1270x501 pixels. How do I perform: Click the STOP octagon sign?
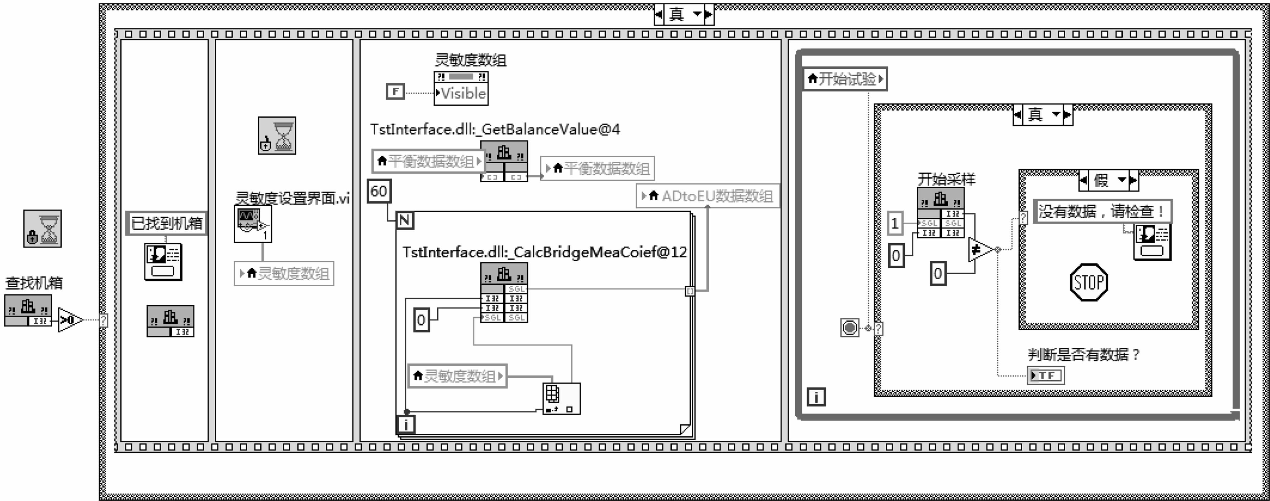1089,282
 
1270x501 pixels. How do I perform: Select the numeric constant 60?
379,191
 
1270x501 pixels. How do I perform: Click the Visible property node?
461,93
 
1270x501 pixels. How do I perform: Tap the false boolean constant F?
395,92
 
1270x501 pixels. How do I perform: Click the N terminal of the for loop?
404,220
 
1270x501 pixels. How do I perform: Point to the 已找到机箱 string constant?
166,224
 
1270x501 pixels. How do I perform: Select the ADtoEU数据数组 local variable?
708,196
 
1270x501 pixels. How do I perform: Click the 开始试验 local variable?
845,79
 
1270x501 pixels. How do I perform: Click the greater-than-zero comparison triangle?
69,320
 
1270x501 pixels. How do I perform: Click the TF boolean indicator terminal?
1046,375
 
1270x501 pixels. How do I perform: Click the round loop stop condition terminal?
849,328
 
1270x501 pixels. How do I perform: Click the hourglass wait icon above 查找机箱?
42,228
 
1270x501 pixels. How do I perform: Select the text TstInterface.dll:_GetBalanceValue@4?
495,130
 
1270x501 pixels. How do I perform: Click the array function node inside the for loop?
561,398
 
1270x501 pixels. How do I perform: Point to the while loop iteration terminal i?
816,396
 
